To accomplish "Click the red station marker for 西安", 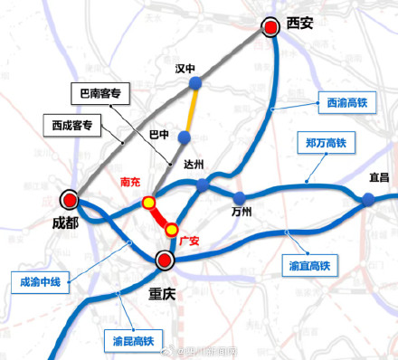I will [270, 28].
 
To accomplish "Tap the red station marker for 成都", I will [69, 199].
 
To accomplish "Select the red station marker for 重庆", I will [165, 261].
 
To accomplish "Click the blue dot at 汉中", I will [194, 86].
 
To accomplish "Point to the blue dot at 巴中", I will [185, 137].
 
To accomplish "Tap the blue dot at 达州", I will [204, 184].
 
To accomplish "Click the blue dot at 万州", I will [239, 198].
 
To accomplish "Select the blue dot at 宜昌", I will [369, 201].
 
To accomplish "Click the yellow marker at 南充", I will [149, 203].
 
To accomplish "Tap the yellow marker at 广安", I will [171, 229].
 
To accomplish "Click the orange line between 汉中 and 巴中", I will [190, 111].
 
